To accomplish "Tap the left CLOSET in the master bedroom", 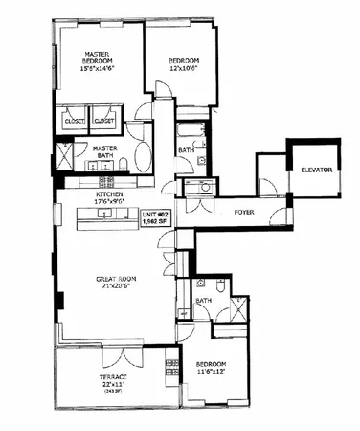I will click(74, 122).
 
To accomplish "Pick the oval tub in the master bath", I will click(143, 154).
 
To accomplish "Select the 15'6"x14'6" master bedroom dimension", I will click(96, 70).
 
